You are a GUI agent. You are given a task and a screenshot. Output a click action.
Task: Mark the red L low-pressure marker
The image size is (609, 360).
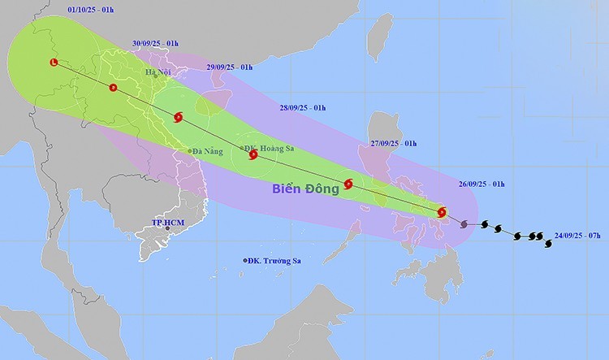(x=54, y=63)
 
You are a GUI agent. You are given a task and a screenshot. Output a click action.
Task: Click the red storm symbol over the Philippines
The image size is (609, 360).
(x=442, y=213)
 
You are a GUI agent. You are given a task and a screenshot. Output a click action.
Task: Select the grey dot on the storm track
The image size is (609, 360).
(x=464, y=223)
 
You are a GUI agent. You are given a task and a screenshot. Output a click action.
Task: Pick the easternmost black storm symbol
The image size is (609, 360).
(x=547, y=242)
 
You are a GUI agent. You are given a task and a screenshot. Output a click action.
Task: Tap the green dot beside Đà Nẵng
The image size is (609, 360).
(x=189, y=151)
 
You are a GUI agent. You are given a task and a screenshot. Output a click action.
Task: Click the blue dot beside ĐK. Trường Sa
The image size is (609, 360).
(x=246, y=260)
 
